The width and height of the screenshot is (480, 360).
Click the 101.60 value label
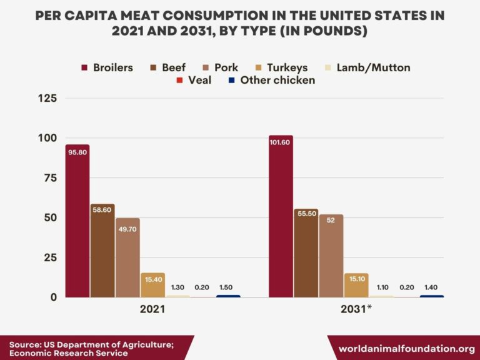[281, 142]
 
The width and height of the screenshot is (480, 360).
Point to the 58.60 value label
[102, 210]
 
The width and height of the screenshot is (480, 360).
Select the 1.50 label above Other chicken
[228, 287]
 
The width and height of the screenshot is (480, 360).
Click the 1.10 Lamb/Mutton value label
[381, 287]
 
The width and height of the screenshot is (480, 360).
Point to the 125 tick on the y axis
[47, 98]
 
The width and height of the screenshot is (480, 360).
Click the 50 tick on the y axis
[50, 217]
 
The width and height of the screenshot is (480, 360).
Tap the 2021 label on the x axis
[152, 309]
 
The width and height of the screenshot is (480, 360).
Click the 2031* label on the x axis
[356, 309]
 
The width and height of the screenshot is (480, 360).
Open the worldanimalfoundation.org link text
[406, 348]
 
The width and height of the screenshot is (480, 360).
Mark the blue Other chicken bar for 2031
[432, 296]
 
